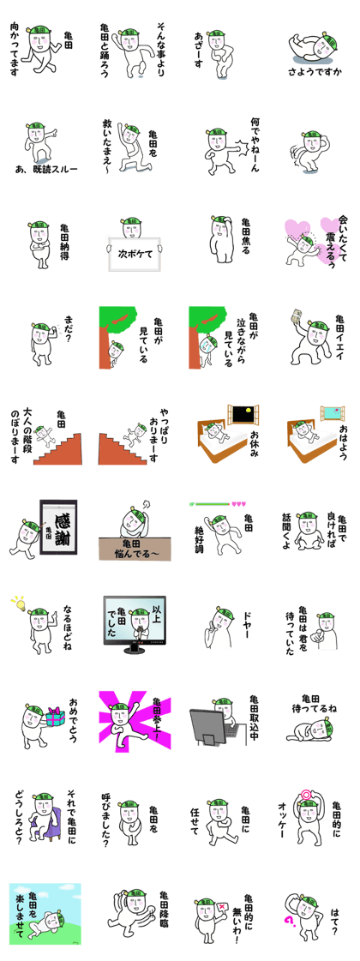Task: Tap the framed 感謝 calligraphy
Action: (57, 526)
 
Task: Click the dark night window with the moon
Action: (243, 415)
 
